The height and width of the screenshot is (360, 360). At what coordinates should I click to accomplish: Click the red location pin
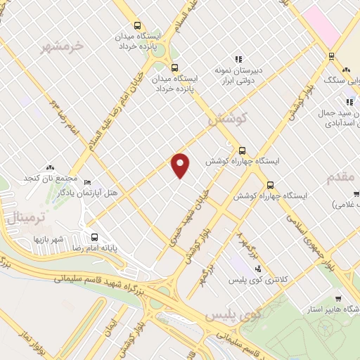pyautogui.click(x=181, y=165)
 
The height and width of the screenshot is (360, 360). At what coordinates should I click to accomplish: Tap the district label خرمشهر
pyautogui.click(x=62, y=46)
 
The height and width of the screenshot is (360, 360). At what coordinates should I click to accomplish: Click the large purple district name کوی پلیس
pyautogui.click(x=233, y=317)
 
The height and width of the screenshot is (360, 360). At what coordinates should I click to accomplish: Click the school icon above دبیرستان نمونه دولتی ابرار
pyautogui.click(x=238, y=58)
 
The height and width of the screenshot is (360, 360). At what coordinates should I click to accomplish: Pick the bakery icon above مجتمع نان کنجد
pyautogui.click(x=49, y=167)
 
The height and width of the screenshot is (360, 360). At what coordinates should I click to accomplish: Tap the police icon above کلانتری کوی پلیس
pyautogui.click(x=257, y=269)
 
